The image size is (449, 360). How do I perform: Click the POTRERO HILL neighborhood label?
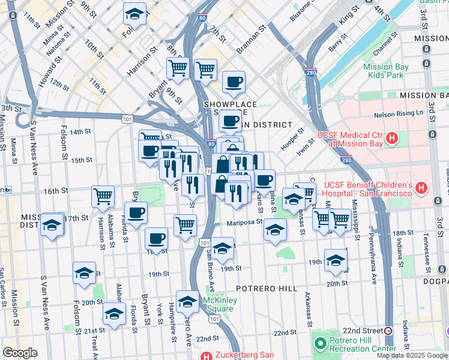point(266,289)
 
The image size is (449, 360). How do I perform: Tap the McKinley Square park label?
point(217,304)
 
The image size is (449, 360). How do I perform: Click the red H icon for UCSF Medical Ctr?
point(392,139)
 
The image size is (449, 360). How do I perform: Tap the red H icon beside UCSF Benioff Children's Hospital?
point(421,188)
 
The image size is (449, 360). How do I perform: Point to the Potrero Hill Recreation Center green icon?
point(319,343)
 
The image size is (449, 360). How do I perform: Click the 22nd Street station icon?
point(388,331)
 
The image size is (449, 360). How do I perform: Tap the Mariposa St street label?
point(244,222)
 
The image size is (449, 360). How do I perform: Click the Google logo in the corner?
point(20,353)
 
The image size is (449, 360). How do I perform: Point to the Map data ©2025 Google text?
point(412,355)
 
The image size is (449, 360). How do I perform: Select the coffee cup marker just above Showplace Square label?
point(234,81)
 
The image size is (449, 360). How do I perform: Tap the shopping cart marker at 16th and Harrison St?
point(103,196)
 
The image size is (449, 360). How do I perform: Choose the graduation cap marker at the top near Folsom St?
point(134,13)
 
